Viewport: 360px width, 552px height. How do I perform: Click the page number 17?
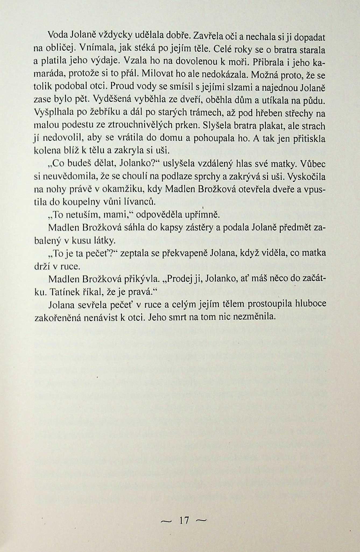pos(184,520)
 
